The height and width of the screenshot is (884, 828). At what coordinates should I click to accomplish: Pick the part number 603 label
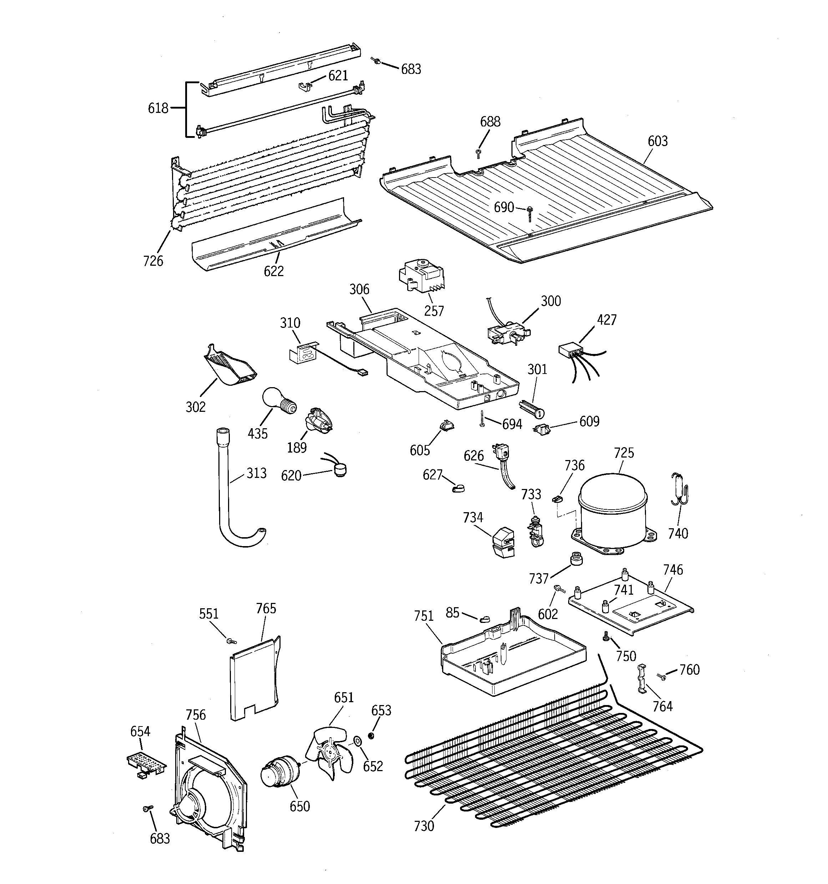657,141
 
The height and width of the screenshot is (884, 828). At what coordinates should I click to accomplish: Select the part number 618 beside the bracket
158,108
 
